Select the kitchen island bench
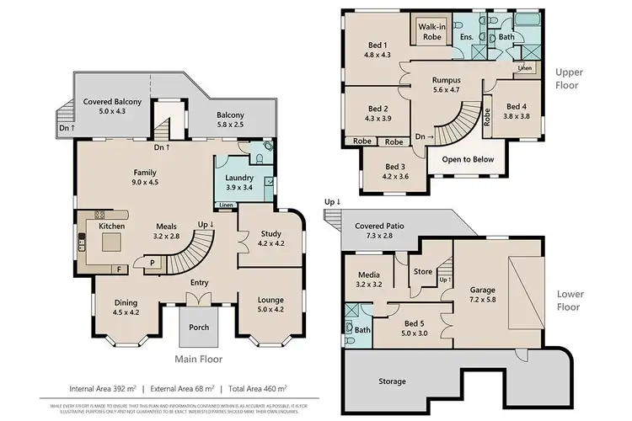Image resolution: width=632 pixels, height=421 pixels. click(x=112, y=242)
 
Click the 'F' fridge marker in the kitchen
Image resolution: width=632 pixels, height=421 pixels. click(x=118, y=269)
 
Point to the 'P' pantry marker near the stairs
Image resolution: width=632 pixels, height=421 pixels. click(x=152, y=262)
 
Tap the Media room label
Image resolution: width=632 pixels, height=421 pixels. click(x=368, y=274)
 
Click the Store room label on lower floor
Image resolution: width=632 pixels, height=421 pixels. click(x=422, y=271)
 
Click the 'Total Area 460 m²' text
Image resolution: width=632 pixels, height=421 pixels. click(x=261, y=389)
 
